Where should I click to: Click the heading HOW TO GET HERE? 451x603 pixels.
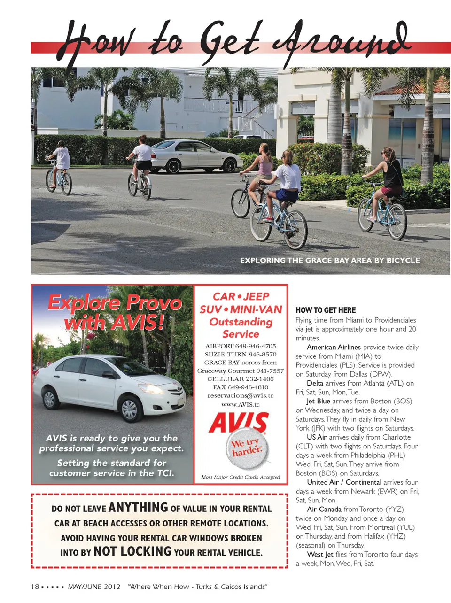coord(326,310)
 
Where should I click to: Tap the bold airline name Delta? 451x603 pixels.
coord(315,383)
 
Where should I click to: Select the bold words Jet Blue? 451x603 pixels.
coord(318,401)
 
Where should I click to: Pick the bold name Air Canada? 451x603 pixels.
coord(324,509)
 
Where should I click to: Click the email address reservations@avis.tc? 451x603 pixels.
coord(241,395)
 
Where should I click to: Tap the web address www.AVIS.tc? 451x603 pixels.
coord(241,404)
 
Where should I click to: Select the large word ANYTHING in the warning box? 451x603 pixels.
coord(138,508)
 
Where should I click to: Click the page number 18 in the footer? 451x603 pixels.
coord(35,587)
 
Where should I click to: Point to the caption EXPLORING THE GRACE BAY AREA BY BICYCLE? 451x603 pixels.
coord(330,260)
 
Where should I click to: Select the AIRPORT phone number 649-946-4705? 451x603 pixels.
coord(256,346)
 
